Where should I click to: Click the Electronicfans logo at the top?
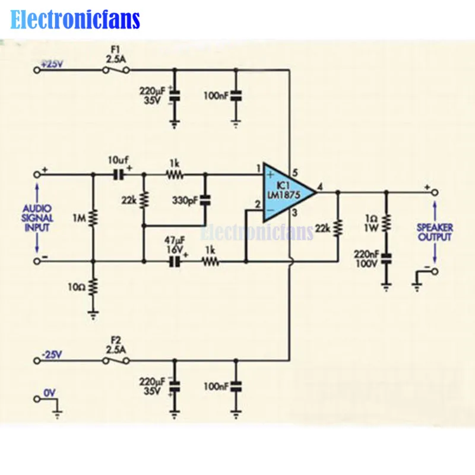tap(75, 20)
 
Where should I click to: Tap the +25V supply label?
tap(51, 65)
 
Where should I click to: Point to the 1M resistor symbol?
tap(93, 218)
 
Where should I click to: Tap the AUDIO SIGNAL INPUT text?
tap(37, 218)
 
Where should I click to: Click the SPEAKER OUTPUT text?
tap(434, 232)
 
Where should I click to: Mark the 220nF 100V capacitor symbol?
tap(387, 258)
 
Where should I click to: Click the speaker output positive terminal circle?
tap(435, 192)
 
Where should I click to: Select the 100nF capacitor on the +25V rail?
tap(236, 94)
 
